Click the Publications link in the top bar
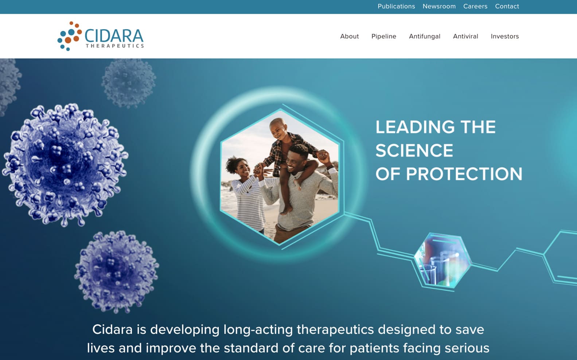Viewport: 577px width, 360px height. pos(396,6)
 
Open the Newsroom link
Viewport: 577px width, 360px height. pos(439,6)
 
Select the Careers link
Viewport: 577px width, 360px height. pos(475,6)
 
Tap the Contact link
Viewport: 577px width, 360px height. pos(507,6)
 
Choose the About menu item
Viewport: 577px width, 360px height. pos(349,36)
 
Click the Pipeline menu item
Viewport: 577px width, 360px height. pos(384,36)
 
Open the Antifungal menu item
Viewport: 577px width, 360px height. pos(425,36)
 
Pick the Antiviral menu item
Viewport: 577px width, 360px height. pos(465,36)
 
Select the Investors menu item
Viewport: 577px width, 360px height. pos(504,36)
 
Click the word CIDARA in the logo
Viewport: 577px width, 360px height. pos(114,36)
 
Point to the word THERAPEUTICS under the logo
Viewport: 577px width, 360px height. pos(115,46)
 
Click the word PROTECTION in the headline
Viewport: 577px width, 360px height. pos(464,174)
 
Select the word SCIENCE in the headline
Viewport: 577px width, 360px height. pos(414,150)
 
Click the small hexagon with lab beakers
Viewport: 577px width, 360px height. pos(443,260)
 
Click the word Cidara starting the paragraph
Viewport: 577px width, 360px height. pos(112,329)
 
